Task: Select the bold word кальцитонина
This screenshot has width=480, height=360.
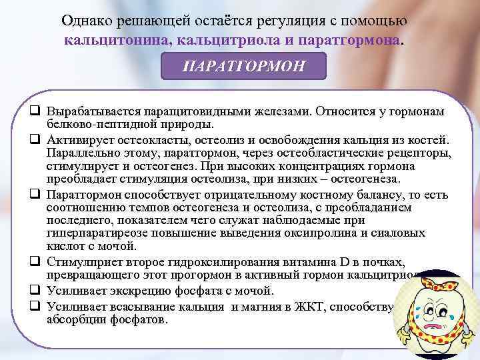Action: tap(108, 41)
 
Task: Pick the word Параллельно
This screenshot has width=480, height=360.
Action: tap(79, 152)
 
